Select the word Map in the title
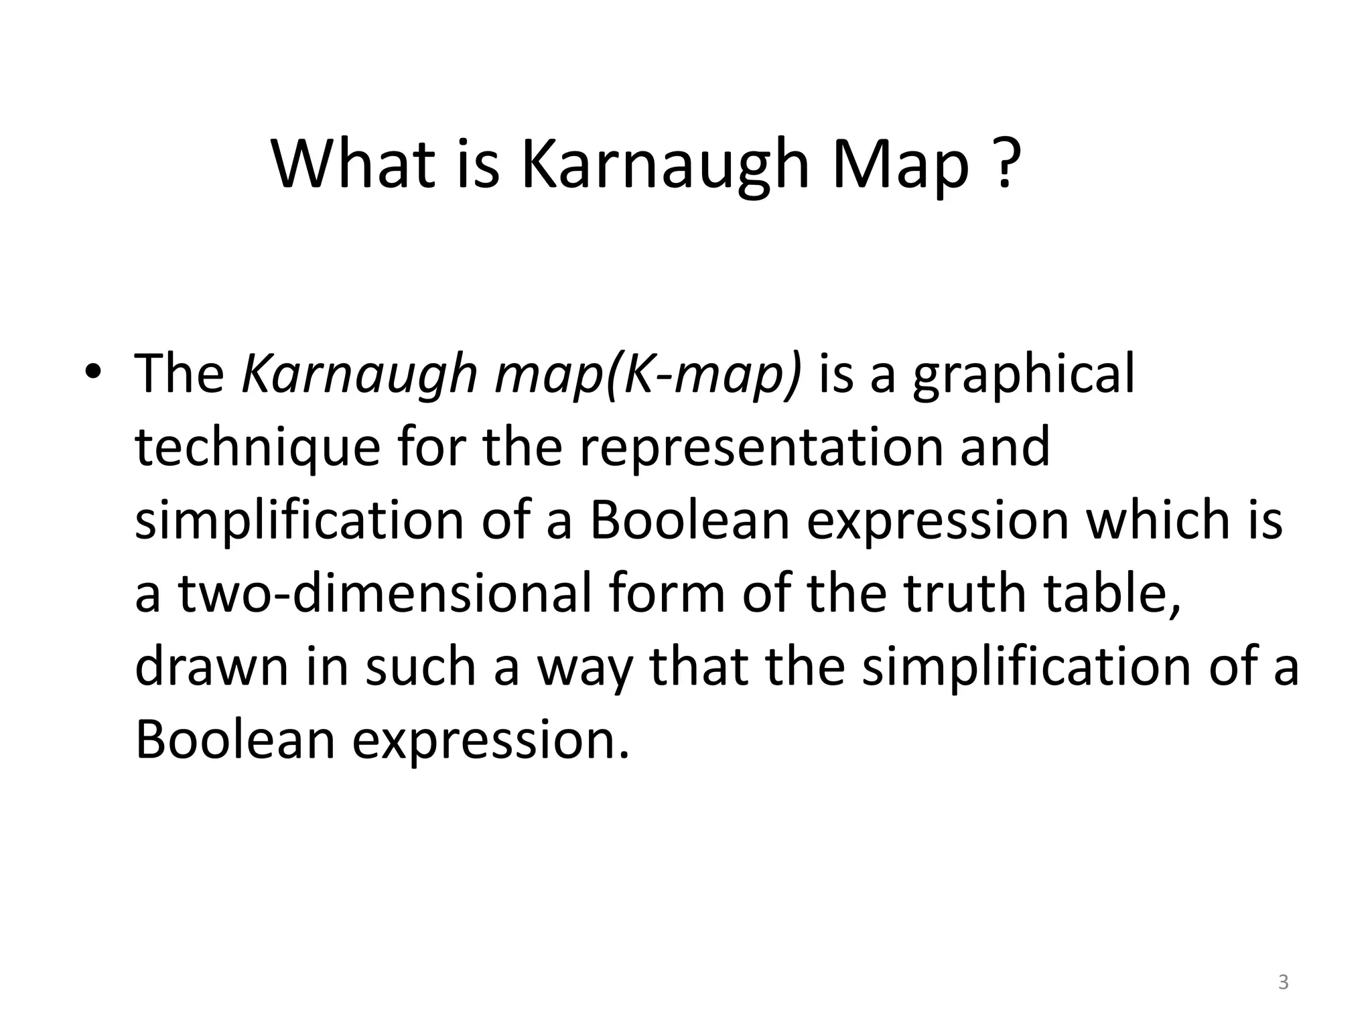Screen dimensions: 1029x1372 click(x=900, y=164)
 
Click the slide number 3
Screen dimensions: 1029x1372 click(x=1283, y=982)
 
